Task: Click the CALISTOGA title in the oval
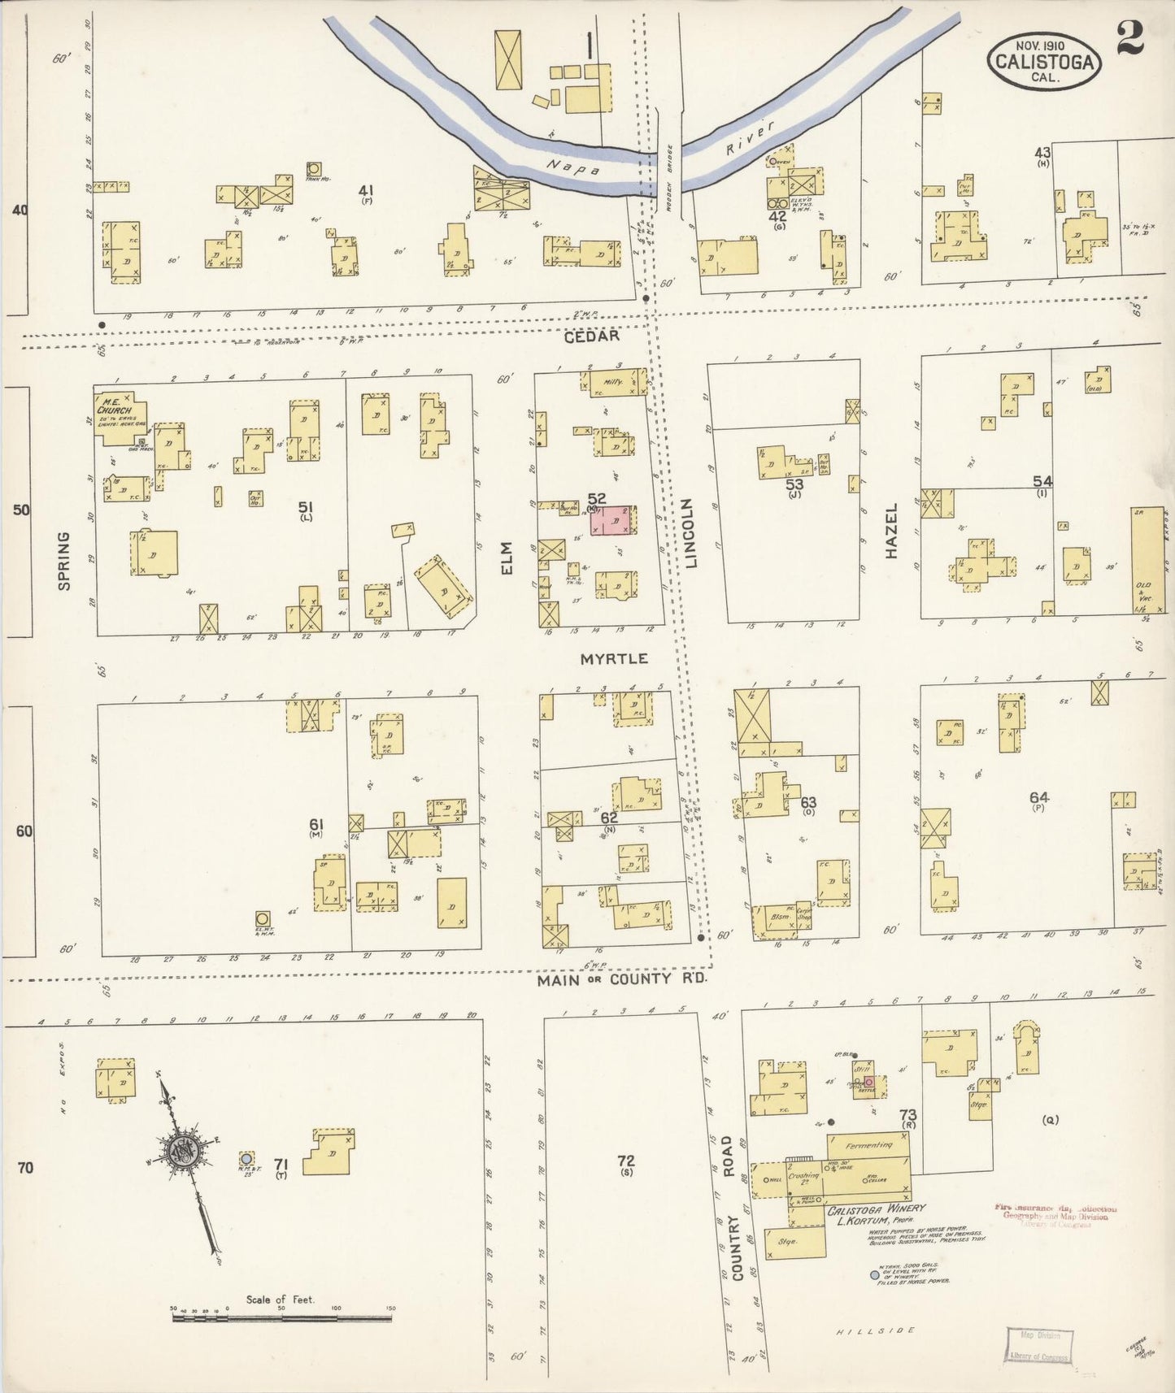1044,61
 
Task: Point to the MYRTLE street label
614,658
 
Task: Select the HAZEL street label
891,531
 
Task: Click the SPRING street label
63,561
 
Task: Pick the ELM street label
507,559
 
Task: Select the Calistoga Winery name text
876,1209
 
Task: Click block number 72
625,1161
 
